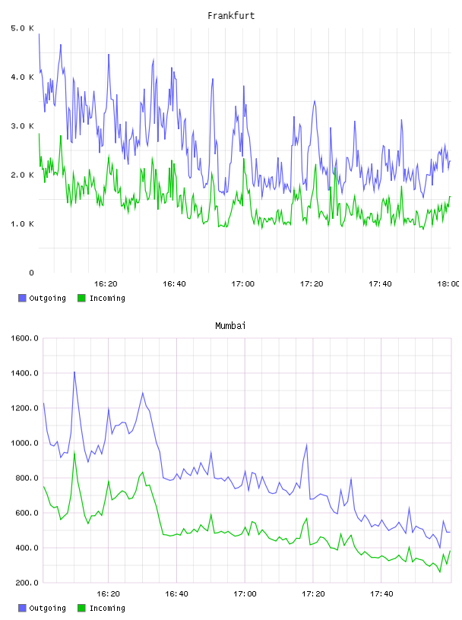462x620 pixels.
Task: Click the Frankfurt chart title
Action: [231, 16]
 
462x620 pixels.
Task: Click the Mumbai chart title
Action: [230, 326]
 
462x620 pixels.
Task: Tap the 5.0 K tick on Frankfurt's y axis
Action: [23, 28]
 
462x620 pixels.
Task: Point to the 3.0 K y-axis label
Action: [23, 126]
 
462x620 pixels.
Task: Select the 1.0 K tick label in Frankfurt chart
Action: [23, 224]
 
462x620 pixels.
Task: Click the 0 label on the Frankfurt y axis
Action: [32, 273]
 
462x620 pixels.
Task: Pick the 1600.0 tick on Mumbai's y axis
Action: [24, 338]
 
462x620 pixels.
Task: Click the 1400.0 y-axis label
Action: [24, 373]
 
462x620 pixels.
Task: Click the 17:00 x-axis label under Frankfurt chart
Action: [243, 284]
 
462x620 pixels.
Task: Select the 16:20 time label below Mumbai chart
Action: [108, 594]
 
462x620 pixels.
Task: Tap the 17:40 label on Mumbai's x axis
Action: [381, 594]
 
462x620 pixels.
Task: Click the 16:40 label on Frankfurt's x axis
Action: [174, 284]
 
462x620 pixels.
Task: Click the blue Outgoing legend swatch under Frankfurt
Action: [22, 298]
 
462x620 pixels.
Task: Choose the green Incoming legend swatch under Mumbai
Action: [81, 608]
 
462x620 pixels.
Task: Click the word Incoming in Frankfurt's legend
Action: [107, 299]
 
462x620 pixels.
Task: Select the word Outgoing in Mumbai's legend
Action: [47, 609]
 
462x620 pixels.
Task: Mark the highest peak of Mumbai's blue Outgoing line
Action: [74, 372]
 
